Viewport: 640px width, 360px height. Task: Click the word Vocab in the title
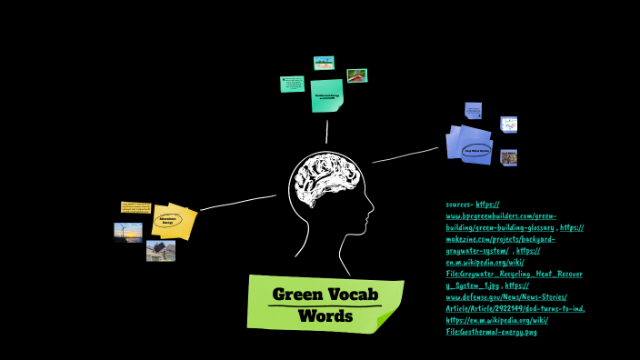(348, 295)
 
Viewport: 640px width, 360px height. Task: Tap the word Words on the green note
(325, 316)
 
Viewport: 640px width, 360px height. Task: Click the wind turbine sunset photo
(127, 232)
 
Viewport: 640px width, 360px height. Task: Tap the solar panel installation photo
(160, 250)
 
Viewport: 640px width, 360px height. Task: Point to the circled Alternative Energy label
(168, 219)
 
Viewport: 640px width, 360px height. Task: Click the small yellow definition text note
(135, 207)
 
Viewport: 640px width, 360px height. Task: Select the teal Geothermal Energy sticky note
(326, 95)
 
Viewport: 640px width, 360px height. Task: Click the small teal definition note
(292, 84)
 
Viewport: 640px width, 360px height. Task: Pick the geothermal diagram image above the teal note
(324, 63)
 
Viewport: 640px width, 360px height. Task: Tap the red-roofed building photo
(356, 75)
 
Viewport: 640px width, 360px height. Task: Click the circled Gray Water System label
(476, 150)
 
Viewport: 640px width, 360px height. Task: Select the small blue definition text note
(473, 111)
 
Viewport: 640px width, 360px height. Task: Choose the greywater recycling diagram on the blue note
(508, 125)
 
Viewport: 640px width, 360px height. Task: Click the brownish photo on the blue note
(508, 157)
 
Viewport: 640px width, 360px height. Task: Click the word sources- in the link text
(459, 205)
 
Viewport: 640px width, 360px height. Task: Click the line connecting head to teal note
(327, 132)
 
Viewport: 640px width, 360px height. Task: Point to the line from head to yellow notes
(238, 202)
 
